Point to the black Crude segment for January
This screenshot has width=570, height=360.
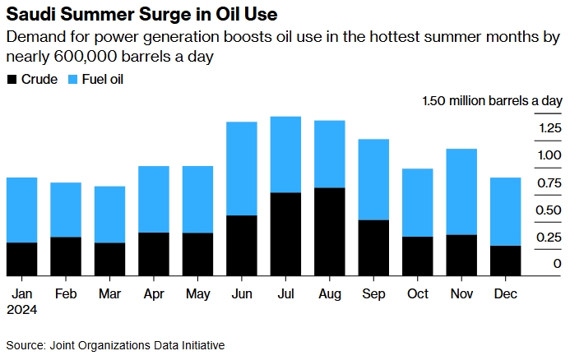21,259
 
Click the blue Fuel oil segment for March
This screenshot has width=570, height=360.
109,215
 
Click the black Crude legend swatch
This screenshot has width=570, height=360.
11,80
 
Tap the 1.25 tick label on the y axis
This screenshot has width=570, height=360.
550,127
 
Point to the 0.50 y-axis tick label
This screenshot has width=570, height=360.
550,210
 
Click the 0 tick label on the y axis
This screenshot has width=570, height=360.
557,264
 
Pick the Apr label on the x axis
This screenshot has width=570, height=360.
153,293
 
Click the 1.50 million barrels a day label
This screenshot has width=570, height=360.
492,101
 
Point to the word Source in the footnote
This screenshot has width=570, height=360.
25,345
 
